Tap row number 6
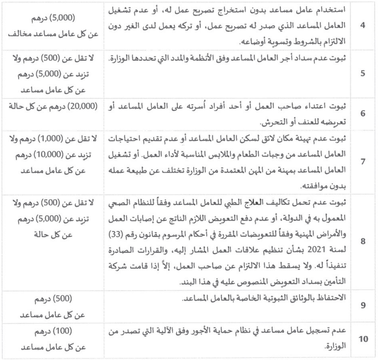click(363, 113)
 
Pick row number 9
click(363, 305)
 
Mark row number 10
click(363, 339)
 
